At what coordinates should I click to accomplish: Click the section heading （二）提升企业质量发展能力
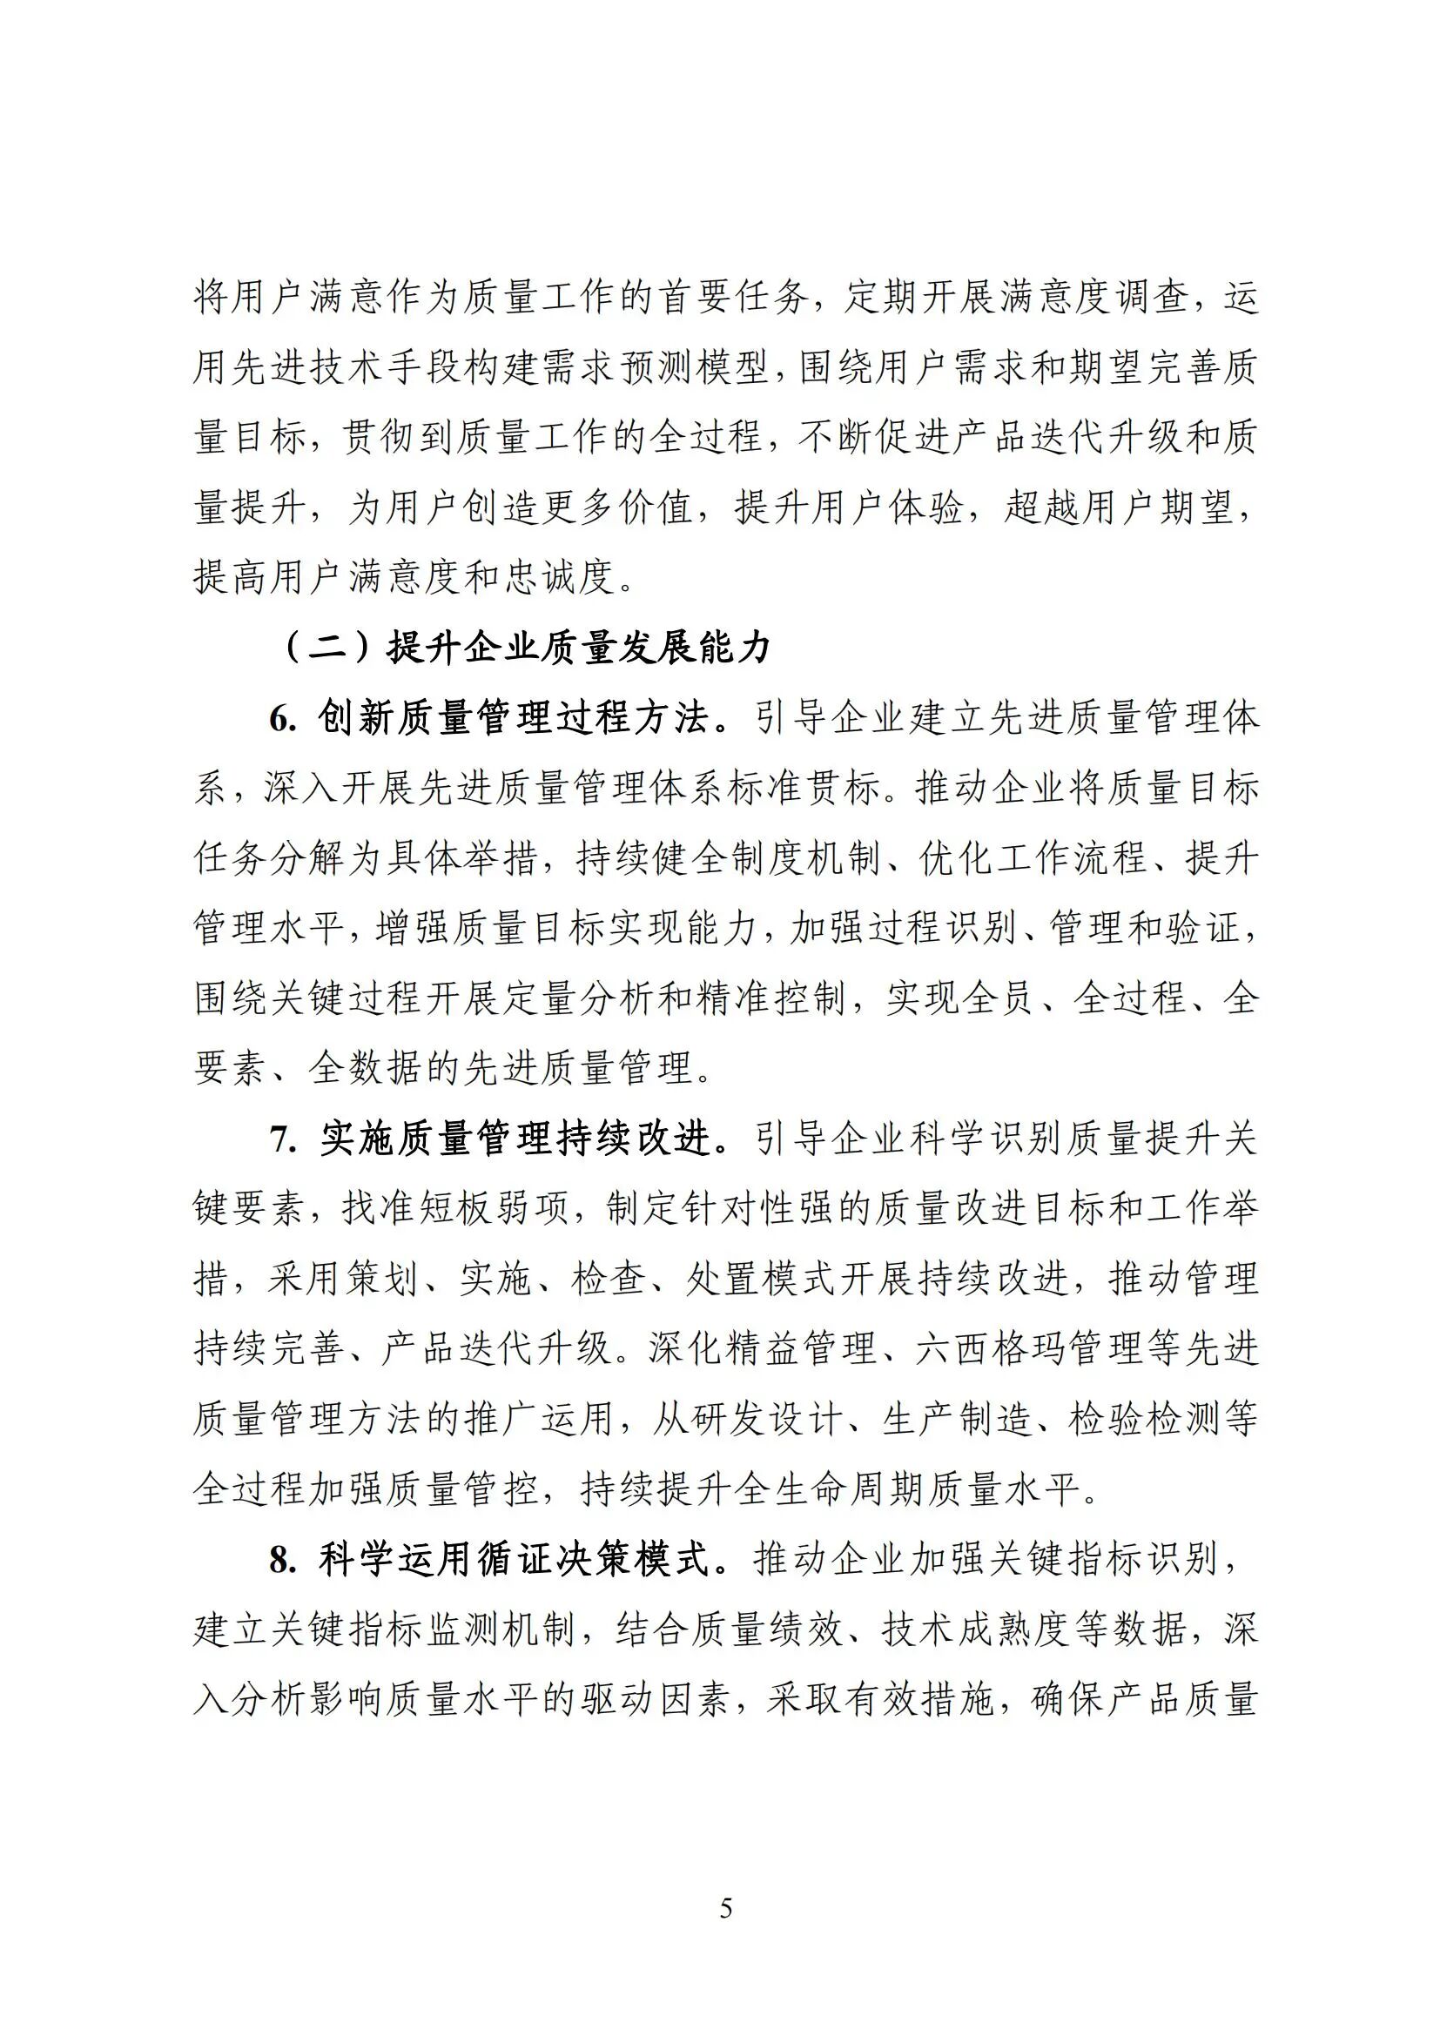pos(527,649)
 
